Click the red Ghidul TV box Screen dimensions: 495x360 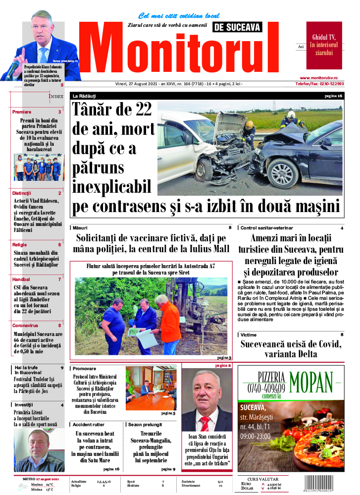pos(324,45)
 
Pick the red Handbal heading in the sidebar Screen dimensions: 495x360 pos(21,279)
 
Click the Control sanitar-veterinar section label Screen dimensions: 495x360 pos(263,228)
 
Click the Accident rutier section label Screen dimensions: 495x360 pos(89,425)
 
